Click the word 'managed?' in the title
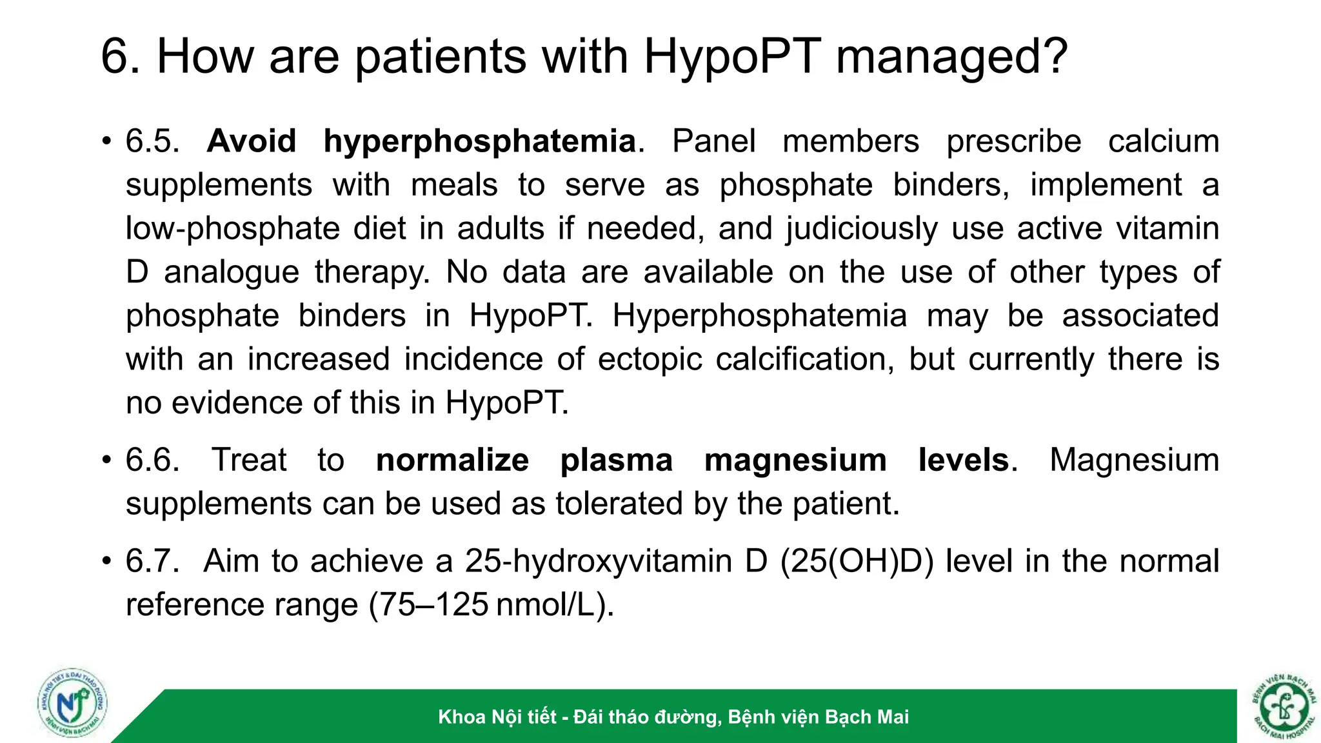[x=951, y=57]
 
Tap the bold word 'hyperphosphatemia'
[x=479, y=141]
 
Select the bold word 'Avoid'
[x=252, y=141]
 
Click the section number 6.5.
[x=153, y=141]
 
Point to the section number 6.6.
[x=153, y=461]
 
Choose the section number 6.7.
[x=153, y=561]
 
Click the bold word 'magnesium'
[x=795, y=461]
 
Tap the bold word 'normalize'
[x=452, y=461]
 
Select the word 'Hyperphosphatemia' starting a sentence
[x=759, y=316]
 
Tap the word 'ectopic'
[x=650, y=359]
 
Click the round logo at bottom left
[x=72, y=703]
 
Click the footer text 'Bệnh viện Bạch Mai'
[x=819, y=717]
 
